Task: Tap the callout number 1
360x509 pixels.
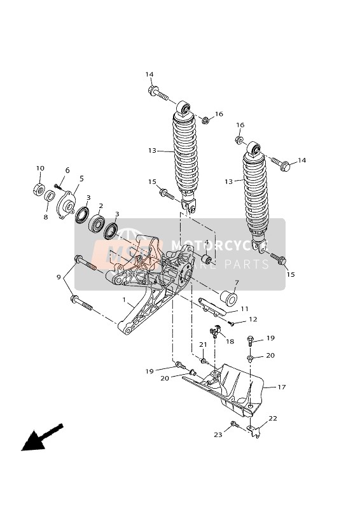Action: pos(124,298)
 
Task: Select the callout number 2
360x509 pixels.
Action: pos(100,206)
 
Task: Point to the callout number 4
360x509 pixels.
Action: pos(206,242)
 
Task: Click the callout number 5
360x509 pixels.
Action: pos(81,179)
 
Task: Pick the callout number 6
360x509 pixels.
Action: pos(67,171)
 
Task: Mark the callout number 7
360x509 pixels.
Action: pos(237,282)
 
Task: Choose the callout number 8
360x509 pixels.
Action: pos(46,217)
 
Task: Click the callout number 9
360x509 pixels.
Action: pos(59,277)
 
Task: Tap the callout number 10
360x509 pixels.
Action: pos(40,169)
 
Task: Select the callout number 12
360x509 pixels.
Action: pos(253,319)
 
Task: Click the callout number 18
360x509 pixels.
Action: pos(230,342)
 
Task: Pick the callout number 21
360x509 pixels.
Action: pos(204,344)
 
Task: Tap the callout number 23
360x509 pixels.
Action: pos(219,435)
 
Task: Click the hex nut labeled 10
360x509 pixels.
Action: pos(38,189)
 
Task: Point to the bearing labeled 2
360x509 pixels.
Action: pos(97,223)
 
